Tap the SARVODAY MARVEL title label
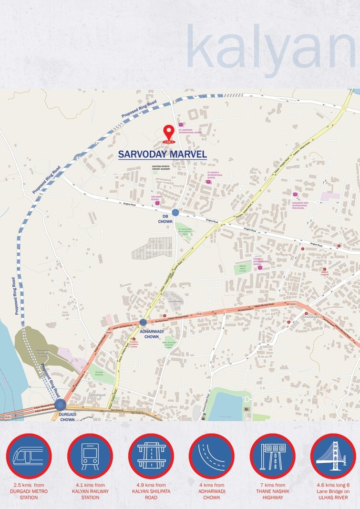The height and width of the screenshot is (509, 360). coord(163,155)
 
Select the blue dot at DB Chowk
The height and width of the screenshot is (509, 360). coord(175,212)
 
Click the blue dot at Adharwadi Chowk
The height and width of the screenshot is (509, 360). coord(143,322)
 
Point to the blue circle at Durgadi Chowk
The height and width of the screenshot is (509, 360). coord(60,405)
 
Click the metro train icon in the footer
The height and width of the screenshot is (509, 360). coord(29,456)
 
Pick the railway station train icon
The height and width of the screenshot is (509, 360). coord(90,456)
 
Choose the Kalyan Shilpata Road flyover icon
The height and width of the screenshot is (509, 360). coord(151,456)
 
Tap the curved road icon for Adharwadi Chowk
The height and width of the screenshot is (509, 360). coord(212,456)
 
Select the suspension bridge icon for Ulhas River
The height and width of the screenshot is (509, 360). coord(333,456)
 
